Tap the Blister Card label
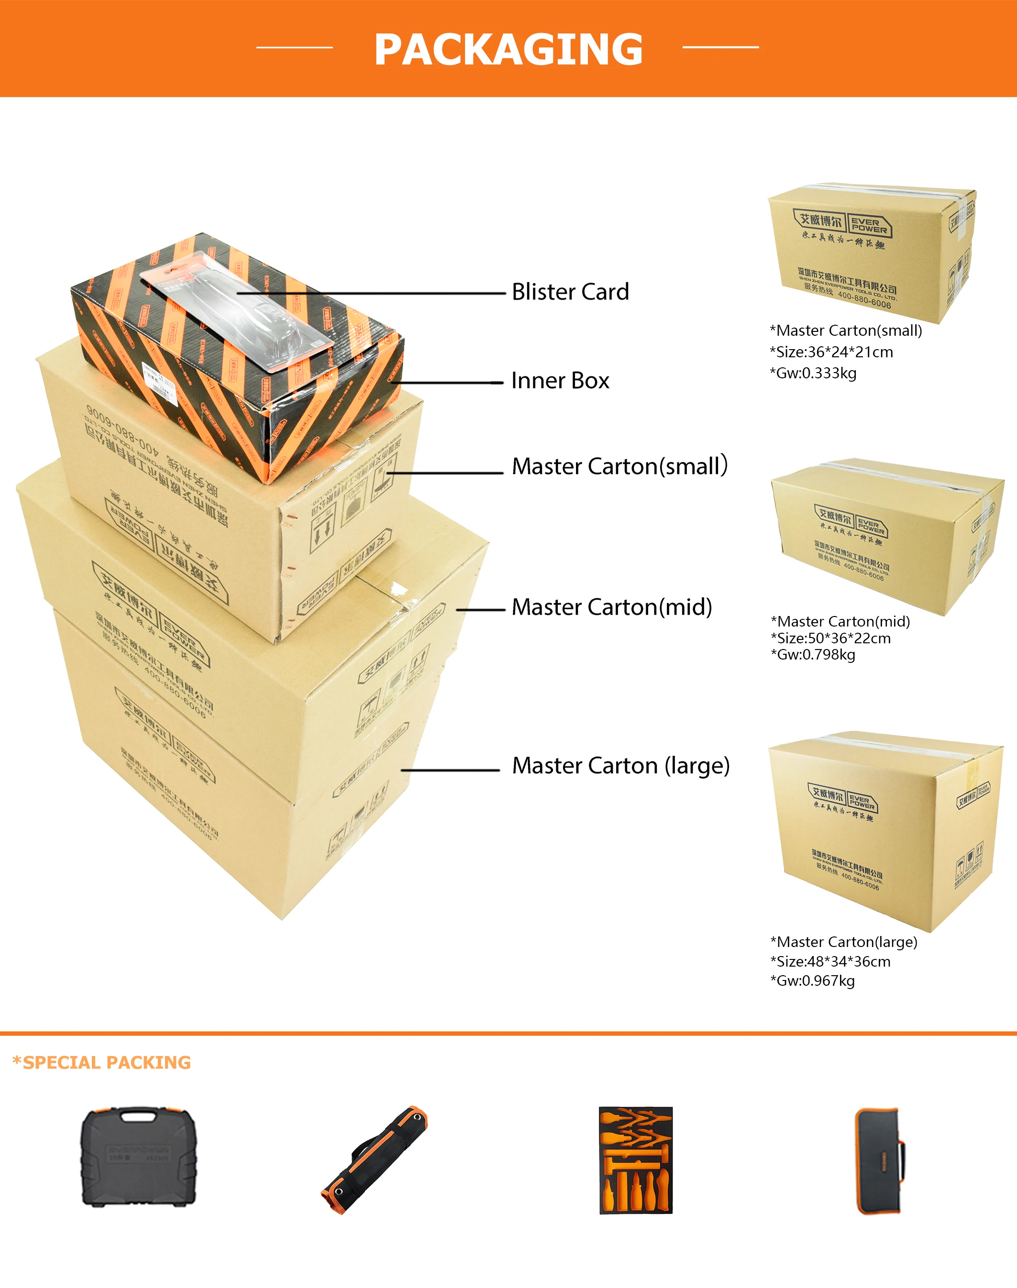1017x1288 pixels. (x=570, y=292)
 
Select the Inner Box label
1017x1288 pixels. (x=560, y=380)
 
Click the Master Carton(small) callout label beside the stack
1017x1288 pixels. (x=619, y=466)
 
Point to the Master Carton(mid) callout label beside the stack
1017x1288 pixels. (x=611, y=607)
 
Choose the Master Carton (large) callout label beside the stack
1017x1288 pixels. (x=620, y=765)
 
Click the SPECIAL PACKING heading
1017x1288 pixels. (x=102, y=1062)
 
